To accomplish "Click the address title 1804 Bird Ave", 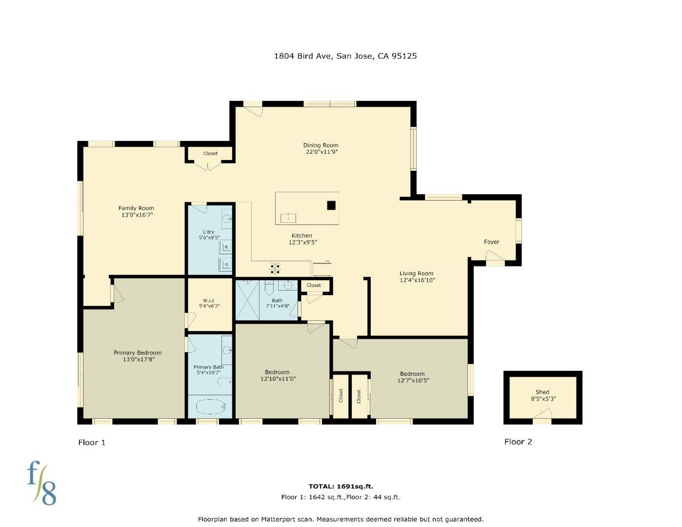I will (x=345, y=56).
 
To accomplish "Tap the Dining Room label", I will (x=321, y=145).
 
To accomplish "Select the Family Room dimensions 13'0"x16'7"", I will (x=137, y=215).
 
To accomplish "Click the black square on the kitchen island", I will (x=331, y=205).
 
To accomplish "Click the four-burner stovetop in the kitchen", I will (x=275, y=268).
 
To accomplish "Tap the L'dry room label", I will (x=208, y=232).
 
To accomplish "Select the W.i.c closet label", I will (x=209, y=300).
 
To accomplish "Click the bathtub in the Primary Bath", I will (x=211, y=406).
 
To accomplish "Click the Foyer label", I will (x=491, y=242).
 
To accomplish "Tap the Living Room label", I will (x=416, y=273).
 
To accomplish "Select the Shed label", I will (x=542, y=392).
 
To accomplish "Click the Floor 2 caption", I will (x=518, y=442).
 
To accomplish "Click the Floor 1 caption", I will (x=92, y=443).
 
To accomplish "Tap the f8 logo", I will (x=41, y=483).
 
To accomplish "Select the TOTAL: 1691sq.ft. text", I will (x=341, y=486).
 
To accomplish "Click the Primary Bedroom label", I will (x=138, y=353).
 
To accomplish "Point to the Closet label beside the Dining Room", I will (x=210, y=153).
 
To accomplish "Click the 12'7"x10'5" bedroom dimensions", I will (x=413, y=381).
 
